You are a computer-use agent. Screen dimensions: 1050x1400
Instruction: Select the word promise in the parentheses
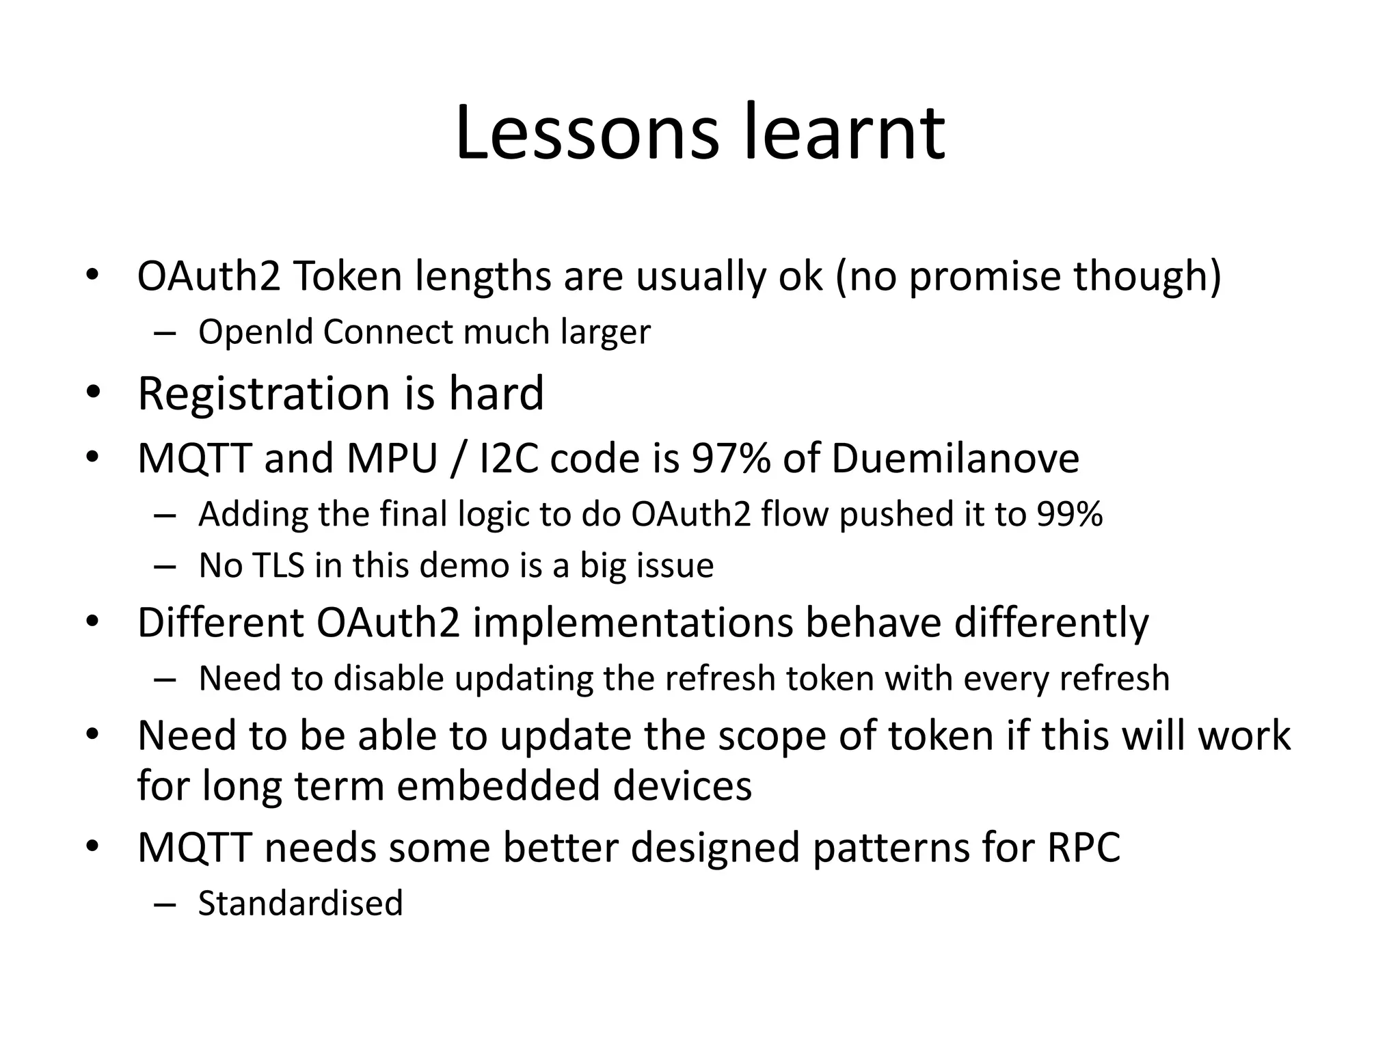pos(985,276)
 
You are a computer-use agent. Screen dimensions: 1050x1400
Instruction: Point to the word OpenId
pos(256,332)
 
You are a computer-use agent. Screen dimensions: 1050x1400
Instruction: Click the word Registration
pos(264,394)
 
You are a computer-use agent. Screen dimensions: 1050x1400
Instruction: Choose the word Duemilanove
pos(955,458)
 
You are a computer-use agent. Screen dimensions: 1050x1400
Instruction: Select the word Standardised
pos(301,904)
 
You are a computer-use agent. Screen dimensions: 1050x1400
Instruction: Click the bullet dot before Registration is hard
pos(93,394)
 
